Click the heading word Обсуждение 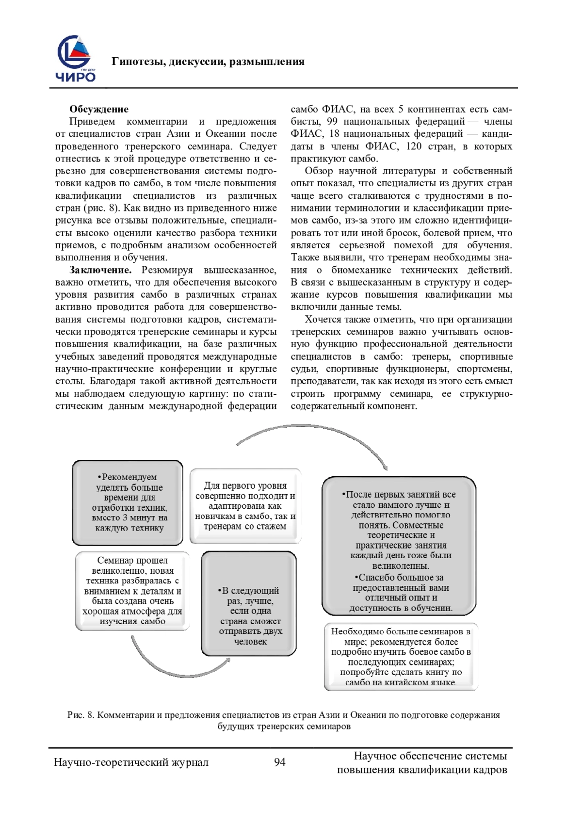point(98,109)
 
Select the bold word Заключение point(100,270)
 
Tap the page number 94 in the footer point(280,762)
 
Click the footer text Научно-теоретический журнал point(131,762)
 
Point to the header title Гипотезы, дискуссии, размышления point(208,62)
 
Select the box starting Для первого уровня point(245,505)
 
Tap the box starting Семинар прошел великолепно point(132,591)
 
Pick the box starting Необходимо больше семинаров point(401,657)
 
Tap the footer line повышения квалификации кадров point(422,769)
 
